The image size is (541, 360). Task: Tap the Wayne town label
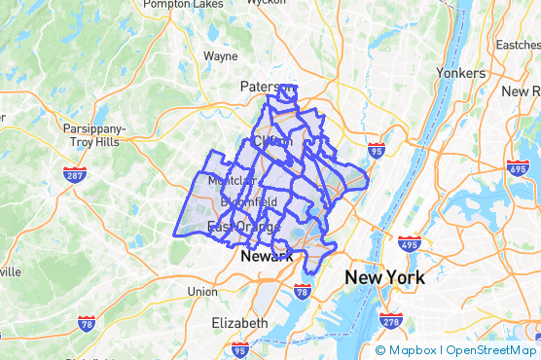tap(220, 56)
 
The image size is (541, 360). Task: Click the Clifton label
tap(271, 141)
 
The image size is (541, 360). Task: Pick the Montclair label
tap(231, 181)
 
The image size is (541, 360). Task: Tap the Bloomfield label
tap(248, 201)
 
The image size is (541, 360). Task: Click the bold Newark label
tap(266, 256)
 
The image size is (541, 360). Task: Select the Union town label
tap(202, 291)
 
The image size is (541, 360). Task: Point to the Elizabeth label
tap(239, 322)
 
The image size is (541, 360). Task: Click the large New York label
tap(384, 278)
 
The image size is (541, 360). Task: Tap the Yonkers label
tap(460, 73)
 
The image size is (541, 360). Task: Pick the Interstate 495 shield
tap(409, 244)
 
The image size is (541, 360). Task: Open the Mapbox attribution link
tap(406, 350)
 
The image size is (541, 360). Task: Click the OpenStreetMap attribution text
tap(493, 350)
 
